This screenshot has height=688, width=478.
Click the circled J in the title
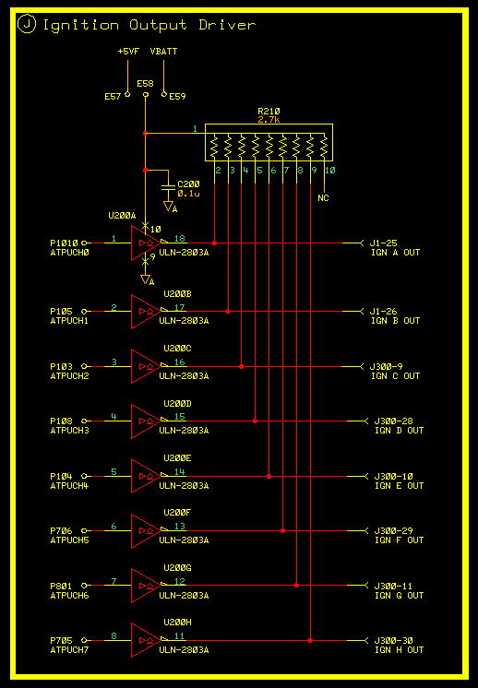[27, 25]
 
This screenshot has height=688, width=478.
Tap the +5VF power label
[128, 52]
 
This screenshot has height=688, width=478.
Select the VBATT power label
[163, 52]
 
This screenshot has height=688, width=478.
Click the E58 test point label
[145, 83]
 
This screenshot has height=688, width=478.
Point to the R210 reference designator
[269, 112]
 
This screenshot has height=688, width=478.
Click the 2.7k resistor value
[269, 119]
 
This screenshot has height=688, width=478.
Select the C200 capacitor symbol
[168, 189]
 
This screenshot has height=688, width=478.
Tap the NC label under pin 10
[323, 198]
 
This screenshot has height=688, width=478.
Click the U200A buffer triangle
[145, 243]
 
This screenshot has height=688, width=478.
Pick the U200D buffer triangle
[145, 421]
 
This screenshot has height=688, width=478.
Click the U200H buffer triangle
[145, 640]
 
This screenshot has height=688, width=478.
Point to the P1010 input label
[64, 243]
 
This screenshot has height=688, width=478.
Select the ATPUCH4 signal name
[70, 486]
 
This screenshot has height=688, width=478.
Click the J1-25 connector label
[384, 243]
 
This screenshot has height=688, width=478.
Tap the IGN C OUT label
[396, 376]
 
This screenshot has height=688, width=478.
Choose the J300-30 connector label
[394, 641]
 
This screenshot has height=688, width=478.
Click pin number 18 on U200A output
[180, 238]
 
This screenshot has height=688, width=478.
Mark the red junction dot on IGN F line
[282, 531]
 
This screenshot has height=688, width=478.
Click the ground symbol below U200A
[145, 279]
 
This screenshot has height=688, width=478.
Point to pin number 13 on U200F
[180, 526]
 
